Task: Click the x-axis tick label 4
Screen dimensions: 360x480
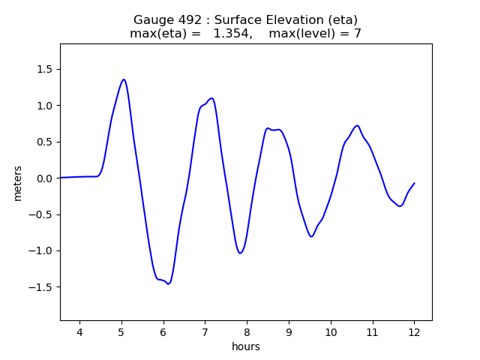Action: point(79,332)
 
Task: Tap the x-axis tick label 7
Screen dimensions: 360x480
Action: point(205,332)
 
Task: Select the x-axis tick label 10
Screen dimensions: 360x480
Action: point(330,332)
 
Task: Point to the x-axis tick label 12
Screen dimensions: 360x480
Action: point(414,332)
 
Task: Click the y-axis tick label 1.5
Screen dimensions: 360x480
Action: point(43,69)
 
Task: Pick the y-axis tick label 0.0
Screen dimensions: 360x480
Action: point(43,178)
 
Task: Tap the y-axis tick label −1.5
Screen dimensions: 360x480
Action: point(40,287)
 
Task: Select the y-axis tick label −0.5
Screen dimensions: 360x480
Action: point(40,214)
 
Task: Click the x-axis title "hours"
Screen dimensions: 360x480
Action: point(246,346)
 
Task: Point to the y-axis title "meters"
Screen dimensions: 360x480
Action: point(17,183)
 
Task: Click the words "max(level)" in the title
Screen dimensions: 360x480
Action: point(301,34)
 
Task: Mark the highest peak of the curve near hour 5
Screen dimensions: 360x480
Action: point(124,79)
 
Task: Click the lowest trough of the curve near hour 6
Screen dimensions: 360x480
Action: point(169,283)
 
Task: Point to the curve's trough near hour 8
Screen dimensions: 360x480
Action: point(240,253)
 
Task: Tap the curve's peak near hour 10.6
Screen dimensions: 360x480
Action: point(357,126)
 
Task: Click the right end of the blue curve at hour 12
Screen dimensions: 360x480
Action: point(414,184)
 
